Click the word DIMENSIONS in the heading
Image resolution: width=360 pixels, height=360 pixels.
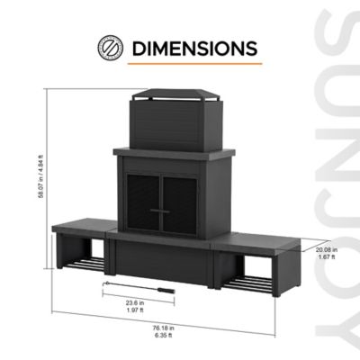pos(193,47)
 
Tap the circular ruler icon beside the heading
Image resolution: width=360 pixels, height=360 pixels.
pos(111,47)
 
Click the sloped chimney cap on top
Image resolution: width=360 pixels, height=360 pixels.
pos(175,95)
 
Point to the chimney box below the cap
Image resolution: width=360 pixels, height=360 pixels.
pos(175,126)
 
